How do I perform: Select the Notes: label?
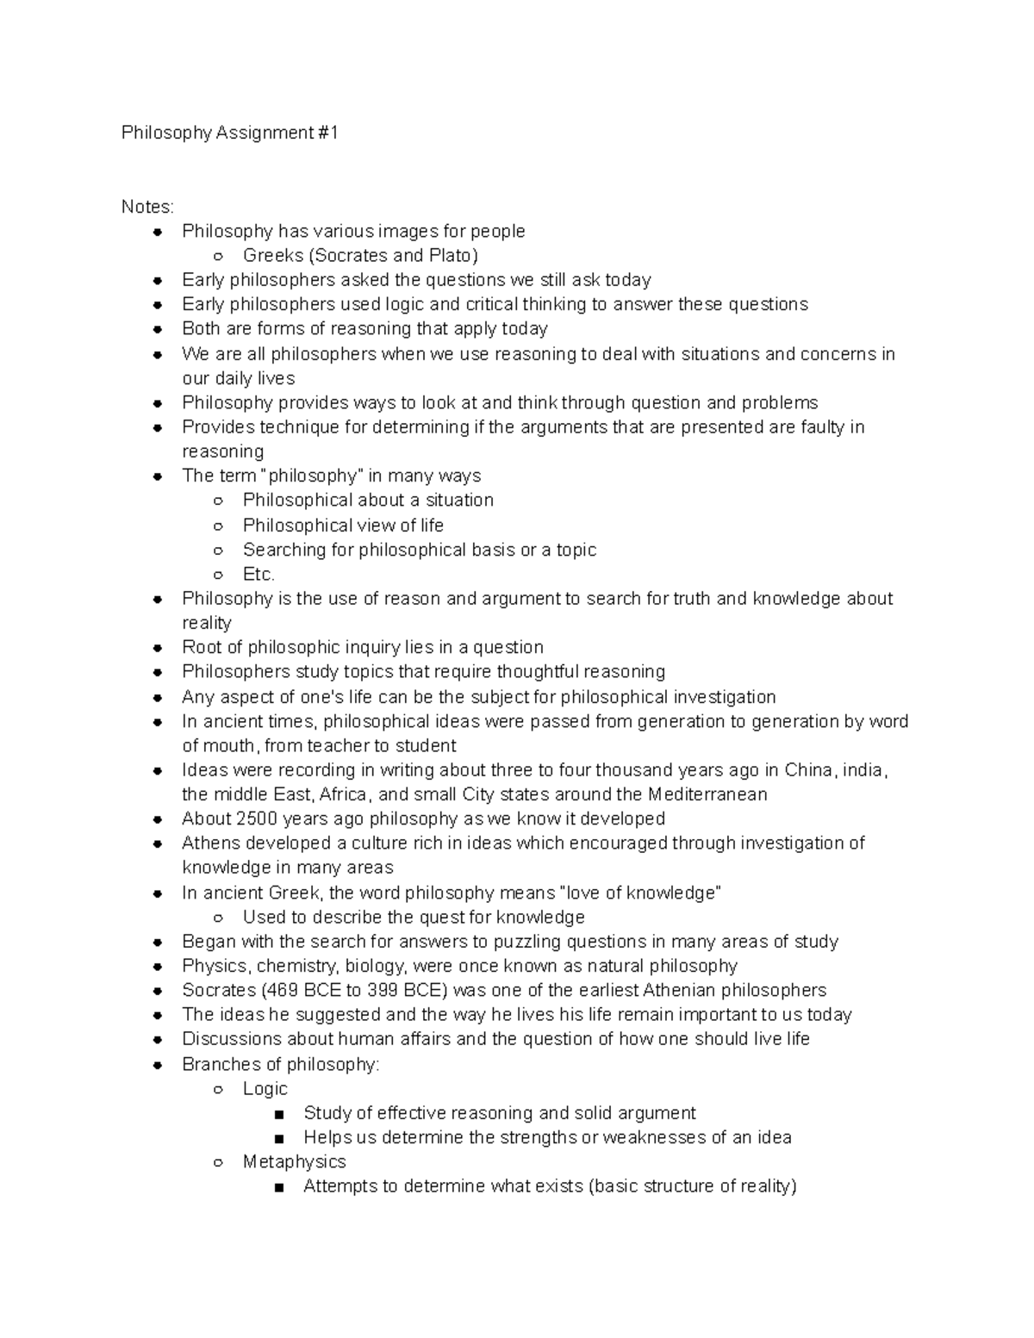click(x=147, y=207)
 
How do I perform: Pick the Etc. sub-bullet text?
click(x=258, y=575)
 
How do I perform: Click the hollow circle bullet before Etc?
click(x=219, y=575)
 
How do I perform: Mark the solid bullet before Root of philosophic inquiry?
click(x=158, y=648)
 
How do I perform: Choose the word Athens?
click(x=209, y=843)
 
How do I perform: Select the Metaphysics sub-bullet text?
click(x=294, y=1162)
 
